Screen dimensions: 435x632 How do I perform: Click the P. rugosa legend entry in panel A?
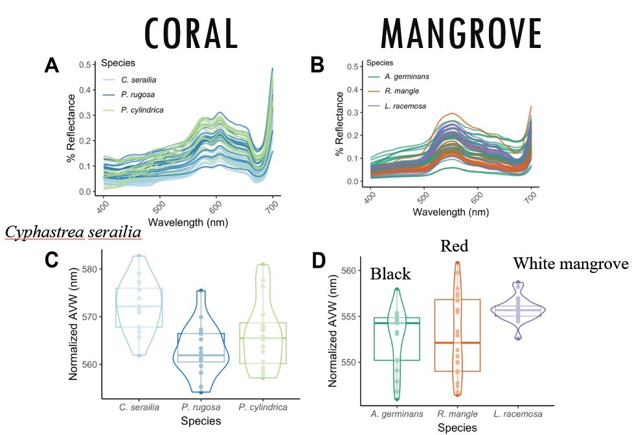coord(138,95)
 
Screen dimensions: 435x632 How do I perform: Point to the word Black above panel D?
coord(391,274)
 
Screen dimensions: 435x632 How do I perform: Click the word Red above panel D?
coord(455,246)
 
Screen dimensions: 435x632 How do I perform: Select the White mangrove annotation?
coord(570,263)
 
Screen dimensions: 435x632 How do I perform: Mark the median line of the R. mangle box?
coord(457,342)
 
